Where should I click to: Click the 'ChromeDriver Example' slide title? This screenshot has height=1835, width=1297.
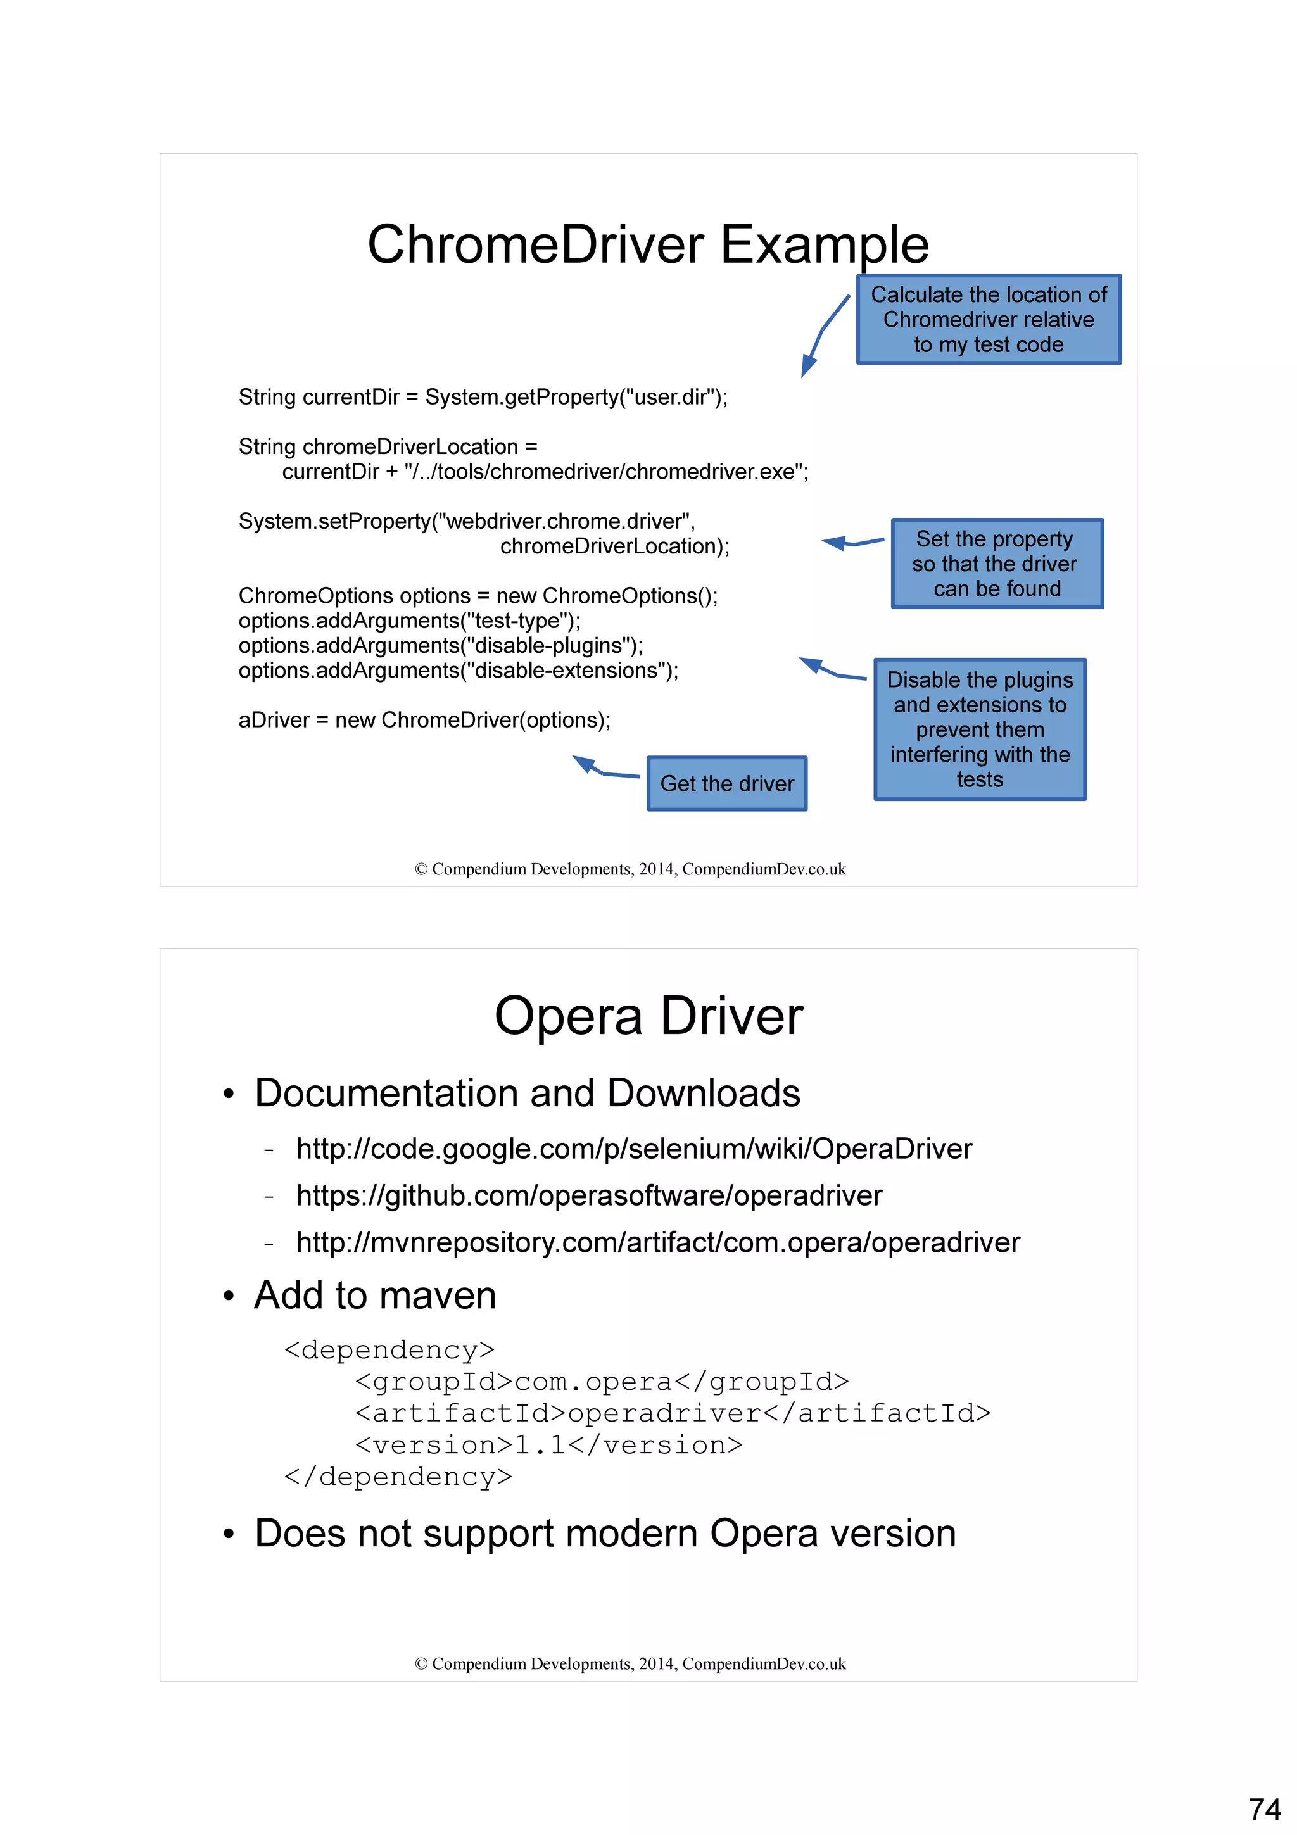[647, 244]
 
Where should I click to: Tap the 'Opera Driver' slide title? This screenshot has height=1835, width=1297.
[648, 1017]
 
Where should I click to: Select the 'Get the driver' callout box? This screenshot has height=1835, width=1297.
[726, 784]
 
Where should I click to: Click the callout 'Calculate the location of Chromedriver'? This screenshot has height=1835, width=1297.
[989, 320]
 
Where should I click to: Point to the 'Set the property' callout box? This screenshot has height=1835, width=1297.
[997, 564]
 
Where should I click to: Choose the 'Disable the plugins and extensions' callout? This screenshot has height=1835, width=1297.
[980, 729]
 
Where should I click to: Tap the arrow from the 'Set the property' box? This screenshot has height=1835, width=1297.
[852, 543]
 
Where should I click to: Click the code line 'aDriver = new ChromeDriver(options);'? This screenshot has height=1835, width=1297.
[424, 720]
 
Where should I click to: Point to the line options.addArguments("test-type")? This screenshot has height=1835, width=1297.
[409, 621]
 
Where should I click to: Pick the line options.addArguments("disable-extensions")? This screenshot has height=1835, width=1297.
[458, 671]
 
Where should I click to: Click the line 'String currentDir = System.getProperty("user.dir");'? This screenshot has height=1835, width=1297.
[483, 397]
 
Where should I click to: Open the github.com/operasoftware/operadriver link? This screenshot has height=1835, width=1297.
[589, 1195]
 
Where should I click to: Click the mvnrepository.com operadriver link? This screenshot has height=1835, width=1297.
[658, 1243]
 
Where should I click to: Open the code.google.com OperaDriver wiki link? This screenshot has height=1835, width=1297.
[634, 1149]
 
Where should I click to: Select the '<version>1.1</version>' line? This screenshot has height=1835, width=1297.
[548, 1445]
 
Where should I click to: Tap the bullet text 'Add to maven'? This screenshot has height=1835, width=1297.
[375, 1296]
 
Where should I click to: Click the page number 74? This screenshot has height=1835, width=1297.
[1264, 1808]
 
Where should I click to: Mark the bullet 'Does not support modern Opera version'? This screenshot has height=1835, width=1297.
[605, 1534]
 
